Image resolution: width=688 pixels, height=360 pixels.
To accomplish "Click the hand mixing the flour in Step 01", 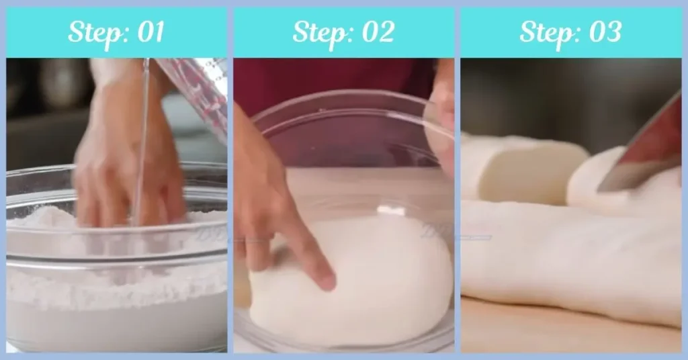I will pos(121,161).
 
